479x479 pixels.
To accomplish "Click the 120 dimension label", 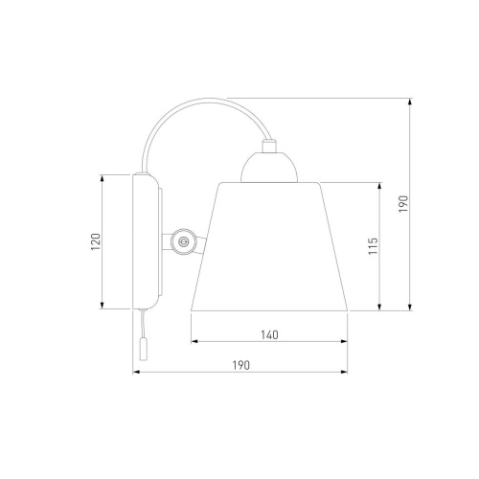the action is [96, 241].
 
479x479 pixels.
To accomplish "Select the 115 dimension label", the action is [373, 246].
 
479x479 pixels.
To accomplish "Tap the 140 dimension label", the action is [269, 335].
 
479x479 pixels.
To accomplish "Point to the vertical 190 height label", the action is [403, 204].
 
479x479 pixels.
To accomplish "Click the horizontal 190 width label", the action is [240, 365].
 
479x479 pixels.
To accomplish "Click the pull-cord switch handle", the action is [144, 350].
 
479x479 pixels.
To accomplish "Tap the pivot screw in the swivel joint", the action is [183, 241].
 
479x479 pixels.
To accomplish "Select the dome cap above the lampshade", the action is [269, 167].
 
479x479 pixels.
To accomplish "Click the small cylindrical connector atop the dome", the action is [268, 146].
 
